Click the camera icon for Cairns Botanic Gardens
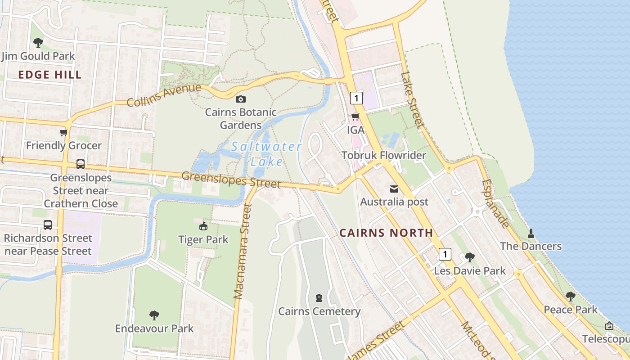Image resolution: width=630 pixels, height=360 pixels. [x=241, y=99]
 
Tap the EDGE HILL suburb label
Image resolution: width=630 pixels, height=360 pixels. [x=50, y=75]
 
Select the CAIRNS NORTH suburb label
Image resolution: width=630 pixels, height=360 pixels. [x=386, y=233]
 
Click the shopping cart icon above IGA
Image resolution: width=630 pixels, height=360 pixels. [x=355, y=117]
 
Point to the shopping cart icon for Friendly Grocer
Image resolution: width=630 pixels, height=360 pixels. [x=64, y=133]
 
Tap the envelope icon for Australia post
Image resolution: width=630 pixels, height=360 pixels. [x=394, y=189]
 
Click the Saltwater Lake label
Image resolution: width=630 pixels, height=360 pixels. [x=266, y=153]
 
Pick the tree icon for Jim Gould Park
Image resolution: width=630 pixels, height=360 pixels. [x=38, y=43]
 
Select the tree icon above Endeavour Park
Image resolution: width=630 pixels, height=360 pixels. [x=154, y=315]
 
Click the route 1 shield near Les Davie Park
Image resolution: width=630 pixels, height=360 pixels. [x=445, y=254]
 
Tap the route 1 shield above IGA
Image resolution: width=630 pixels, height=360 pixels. [x=356, y=98]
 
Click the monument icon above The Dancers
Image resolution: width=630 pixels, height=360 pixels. [x=531, y=233]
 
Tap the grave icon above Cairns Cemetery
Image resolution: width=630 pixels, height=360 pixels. [x=319, y=298]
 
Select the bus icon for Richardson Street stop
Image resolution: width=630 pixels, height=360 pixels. [x=48, y=225]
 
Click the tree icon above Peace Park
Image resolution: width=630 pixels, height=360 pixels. [x=571, y=296]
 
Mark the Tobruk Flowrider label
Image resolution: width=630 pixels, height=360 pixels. [x=383, y=155]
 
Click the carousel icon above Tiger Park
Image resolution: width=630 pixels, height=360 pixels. [x=203, y=226]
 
